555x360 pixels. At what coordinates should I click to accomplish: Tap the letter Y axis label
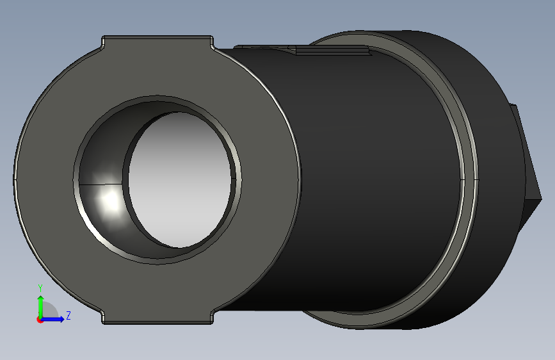[40, 288]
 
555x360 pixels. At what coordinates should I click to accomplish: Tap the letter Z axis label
[68, 315]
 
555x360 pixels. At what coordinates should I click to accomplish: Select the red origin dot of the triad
[40, 320]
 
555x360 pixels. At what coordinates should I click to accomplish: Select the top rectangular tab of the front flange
[157, 42]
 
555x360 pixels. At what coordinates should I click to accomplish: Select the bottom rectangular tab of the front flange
[157, 317]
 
